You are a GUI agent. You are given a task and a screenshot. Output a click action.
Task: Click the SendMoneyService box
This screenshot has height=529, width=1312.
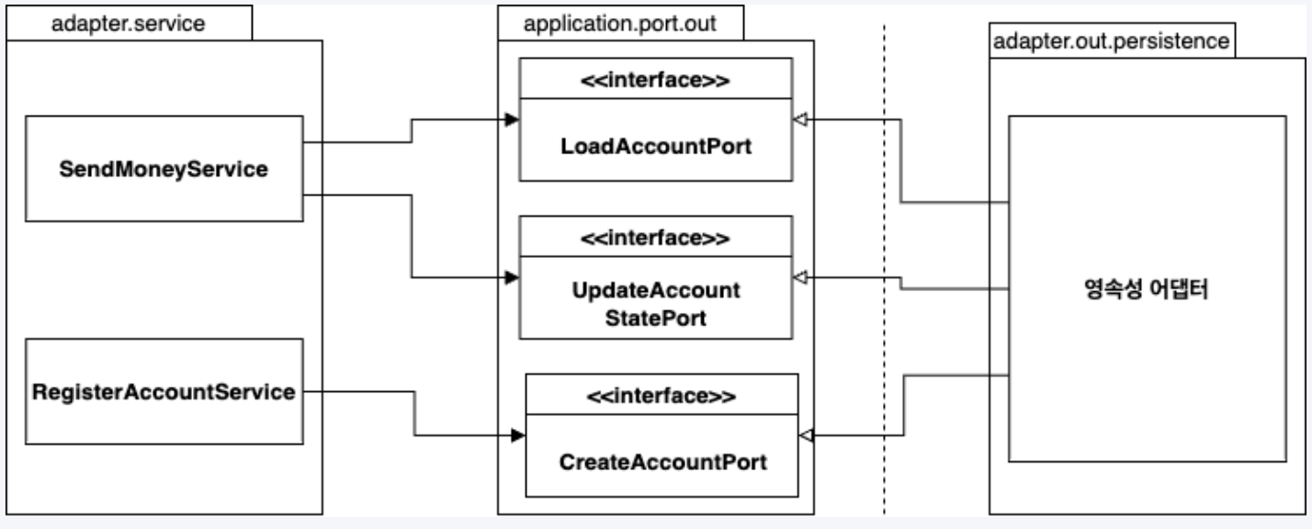tap(164, 169)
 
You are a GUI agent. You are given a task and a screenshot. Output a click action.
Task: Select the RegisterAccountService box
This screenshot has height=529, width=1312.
tap(164, 391)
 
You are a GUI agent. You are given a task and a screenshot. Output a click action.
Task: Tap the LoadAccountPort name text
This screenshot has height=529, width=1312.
tap(656, 146)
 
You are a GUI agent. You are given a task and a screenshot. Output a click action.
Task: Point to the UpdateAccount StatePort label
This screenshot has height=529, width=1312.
tap(656, 304)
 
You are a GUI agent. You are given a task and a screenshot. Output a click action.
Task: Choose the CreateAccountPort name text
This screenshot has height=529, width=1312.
tap(662, 462)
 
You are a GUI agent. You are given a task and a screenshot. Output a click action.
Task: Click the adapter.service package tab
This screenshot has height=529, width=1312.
tap(129, 23)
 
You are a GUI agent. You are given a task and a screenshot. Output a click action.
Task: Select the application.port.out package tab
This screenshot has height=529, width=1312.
tap(620, 23)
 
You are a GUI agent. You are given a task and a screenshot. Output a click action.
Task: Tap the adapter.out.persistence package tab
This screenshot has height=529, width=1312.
tap(1112, 41)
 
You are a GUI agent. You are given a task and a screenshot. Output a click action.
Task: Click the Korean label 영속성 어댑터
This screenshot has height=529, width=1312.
tap(1147, 288)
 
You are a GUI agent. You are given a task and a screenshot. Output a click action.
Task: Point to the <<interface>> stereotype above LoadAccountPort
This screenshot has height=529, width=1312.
tap(655, 80)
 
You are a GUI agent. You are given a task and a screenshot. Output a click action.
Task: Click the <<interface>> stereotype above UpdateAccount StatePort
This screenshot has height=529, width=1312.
tap(655, 238)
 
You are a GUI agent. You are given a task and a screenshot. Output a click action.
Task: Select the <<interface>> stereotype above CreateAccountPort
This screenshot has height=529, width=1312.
tap(662, 396)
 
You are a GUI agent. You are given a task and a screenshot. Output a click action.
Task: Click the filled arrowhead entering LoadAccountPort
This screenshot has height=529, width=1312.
tap(512, 120)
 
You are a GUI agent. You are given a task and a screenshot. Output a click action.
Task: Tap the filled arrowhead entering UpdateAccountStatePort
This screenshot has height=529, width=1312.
tap(512, 277)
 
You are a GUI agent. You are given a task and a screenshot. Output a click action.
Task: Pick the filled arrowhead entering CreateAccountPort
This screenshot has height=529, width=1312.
tap(518, 435)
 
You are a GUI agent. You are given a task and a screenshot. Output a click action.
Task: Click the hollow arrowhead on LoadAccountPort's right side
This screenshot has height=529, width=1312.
tap(800, 120)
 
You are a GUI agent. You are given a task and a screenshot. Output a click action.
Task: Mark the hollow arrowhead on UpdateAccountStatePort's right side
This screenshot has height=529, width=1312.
tap(800, 277)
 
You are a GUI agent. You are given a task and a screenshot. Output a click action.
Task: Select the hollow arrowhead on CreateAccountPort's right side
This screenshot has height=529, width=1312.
tap(807, 435)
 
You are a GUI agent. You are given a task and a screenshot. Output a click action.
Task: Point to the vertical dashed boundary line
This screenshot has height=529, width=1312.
tap(885, 269)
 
